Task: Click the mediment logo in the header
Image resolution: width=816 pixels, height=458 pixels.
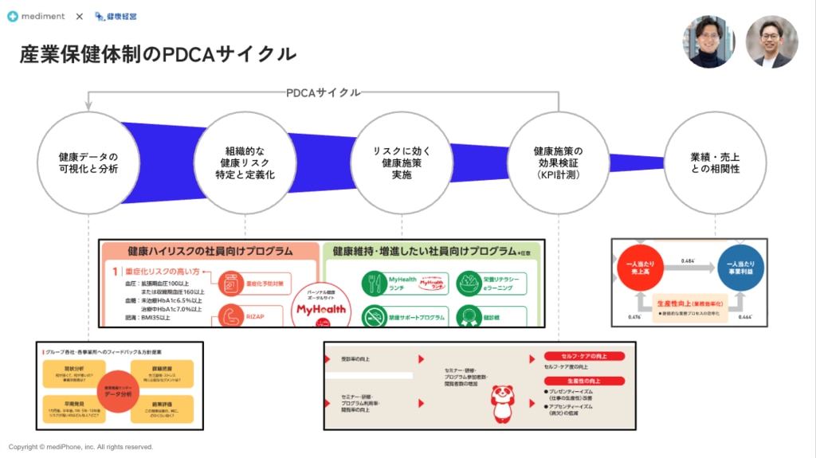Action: coord(37,16)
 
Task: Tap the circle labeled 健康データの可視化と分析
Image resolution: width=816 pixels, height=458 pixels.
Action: coord(88,162)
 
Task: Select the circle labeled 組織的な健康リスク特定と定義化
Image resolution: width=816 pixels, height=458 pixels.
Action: coord(245,162)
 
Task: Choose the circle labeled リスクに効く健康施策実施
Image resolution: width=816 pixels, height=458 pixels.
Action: coord(402,162)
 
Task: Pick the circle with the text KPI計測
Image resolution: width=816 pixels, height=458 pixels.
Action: coord(558,162)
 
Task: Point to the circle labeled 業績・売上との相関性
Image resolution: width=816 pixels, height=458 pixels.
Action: coord(715,162)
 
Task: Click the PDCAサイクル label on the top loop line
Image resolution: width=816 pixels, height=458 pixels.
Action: coord(323,93)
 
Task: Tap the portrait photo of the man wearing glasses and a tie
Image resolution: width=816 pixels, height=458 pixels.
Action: coord(771,41)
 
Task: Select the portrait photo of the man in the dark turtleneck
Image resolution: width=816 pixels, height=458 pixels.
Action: coord(708,41)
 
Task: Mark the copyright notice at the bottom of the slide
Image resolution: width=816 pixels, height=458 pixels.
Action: coord(80,447)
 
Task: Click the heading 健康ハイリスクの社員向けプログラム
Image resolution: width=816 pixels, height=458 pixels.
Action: coord(210,252)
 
